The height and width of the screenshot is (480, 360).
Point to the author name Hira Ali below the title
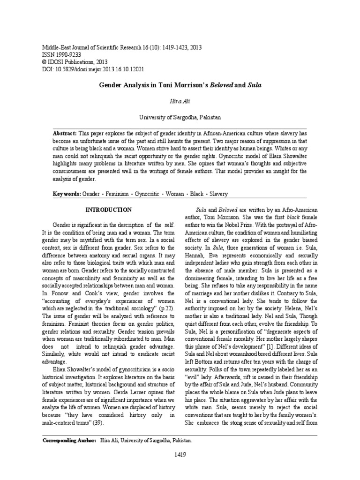click(180, 101)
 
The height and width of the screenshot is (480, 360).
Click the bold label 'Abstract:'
click(65, 133)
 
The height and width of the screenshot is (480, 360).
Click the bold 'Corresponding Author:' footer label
click(69, 441)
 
